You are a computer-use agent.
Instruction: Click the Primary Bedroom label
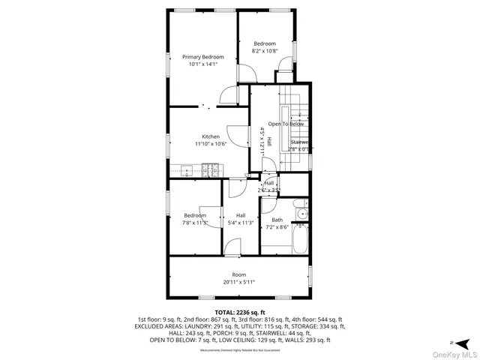click(202, 56)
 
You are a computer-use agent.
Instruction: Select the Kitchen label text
click(210, 136)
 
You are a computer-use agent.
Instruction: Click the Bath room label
click(277, 220)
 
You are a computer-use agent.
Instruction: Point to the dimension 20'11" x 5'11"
click(238, 282)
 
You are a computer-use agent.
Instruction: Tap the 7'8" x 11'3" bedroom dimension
click(195, 222)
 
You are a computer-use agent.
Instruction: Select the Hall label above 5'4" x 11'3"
click(241, 215)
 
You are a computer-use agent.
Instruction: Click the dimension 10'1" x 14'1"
click(202, 64)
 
